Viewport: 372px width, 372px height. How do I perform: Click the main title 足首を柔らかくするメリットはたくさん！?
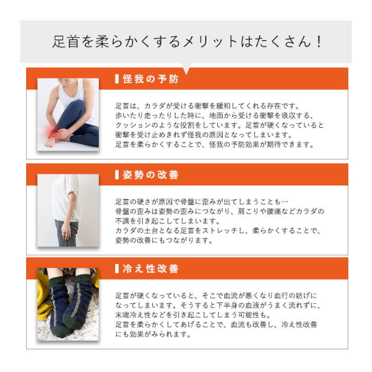click(x=187, y=42)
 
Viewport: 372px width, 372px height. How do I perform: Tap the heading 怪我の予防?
click(x=151, y=79)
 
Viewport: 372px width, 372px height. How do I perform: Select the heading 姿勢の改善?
click(x=151, y=175)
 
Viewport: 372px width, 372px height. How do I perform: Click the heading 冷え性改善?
click(x=151, y=269)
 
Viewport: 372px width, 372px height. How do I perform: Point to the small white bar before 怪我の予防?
click(x=117, y=79)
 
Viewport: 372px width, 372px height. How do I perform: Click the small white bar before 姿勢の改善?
click(x=117, y=175)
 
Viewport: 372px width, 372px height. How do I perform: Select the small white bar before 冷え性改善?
click(x=117, y=269)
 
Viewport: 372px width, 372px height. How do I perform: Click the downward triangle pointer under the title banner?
click(x=187, y=69)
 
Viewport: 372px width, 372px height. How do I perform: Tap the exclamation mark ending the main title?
click(x=319, y=42)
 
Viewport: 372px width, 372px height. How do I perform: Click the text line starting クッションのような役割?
click(x=220, y=126)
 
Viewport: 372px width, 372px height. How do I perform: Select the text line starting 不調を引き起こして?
click(x=169, y=221)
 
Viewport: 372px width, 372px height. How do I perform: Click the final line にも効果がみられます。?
click(x=153, y=335)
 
